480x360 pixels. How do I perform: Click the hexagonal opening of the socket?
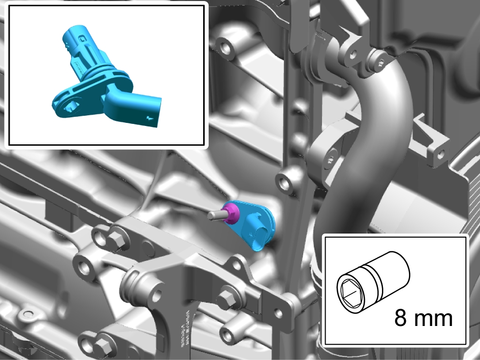[350, 294]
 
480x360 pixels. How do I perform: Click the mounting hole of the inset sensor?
[70, 106]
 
